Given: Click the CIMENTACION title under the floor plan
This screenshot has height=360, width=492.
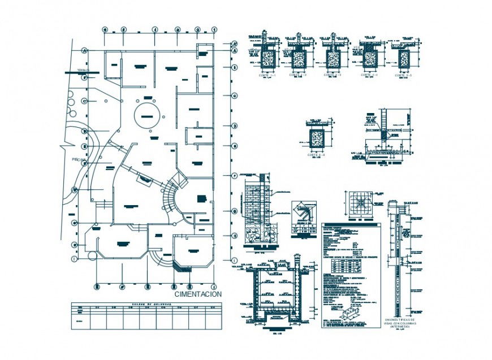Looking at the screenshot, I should [x=197, y=294].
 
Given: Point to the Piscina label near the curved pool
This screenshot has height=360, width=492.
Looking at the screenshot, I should [x=78, y=161].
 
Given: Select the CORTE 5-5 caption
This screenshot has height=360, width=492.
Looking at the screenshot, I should [x=403, y=75].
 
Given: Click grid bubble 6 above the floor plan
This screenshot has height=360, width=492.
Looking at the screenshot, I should [x=103, y=29].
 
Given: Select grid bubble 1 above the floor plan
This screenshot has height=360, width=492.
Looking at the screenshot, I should [x=214, y=29].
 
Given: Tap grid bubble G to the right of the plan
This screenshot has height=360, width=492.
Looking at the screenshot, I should [x=234, y=211].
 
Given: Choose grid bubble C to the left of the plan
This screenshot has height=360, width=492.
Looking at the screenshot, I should [x=85, y=101].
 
